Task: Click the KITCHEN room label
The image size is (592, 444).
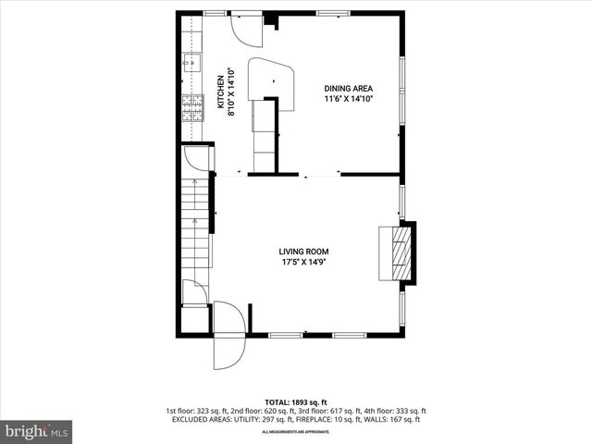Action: click(220, 92)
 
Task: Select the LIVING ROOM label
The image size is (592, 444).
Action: click(304, 252)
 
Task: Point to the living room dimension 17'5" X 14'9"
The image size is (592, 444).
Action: click(304, 262)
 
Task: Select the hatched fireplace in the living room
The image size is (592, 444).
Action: click(398, 252)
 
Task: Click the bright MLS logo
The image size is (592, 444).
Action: click(37, 431)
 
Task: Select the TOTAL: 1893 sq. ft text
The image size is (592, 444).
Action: click(296, 402)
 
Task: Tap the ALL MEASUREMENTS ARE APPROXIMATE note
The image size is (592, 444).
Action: click(296, 432)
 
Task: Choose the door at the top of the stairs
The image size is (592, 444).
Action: click(197, 159)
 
